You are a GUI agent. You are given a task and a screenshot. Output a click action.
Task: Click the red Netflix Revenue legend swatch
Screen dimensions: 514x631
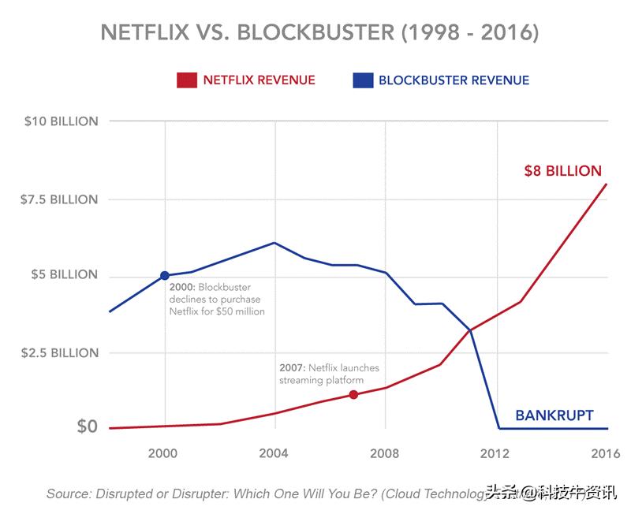tap(186, 80)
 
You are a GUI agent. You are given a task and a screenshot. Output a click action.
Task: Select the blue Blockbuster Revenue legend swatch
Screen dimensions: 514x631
tap(362, 80)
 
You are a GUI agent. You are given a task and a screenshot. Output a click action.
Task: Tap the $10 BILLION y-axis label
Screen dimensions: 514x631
tap(61, 121)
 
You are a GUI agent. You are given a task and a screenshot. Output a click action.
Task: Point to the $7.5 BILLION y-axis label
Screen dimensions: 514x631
tap(61, 199)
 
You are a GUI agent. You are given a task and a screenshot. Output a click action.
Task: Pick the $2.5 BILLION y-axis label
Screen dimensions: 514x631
tap(61, 352)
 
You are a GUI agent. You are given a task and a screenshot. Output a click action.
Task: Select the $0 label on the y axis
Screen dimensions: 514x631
tap(87, 426)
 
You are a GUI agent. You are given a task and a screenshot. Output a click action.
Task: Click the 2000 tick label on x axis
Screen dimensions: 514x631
tap(164, 453)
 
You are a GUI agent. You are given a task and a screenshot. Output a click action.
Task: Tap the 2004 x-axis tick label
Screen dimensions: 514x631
tap(274, 453)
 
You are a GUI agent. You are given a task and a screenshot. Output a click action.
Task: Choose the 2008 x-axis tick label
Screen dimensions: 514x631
tap(385, 453)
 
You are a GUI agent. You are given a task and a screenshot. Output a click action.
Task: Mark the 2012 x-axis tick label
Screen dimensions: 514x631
tap(495, 453)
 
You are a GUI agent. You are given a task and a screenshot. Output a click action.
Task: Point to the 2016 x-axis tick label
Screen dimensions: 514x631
tap(604, 453)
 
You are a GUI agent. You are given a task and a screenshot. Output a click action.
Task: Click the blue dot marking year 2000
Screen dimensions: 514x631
tap(165, 275)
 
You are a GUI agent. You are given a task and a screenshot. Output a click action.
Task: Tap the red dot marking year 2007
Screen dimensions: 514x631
tap(353, 394)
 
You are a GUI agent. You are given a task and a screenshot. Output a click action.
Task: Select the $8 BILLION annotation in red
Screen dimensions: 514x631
tap(562, 171)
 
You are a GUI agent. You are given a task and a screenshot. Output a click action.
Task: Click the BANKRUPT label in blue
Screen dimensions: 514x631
tap(554, 415)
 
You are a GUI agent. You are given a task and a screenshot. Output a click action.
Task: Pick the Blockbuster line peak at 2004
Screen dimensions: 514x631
tap(274, 243)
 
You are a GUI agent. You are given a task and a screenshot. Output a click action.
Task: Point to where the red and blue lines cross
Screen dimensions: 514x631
tap(470, 330)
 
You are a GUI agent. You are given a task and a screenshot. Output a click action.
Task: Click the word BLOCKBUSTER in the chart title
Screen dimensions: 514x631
tap(315, 33)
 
